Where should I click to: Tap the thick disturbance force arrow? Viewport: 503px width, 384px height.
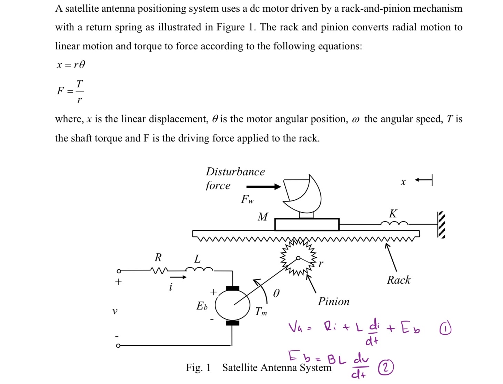click(264, 187)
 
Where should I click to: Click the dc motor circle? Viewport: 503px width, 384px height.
click(232, 305)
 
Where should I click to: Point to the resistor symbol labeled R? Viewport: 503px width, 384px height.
click(159, 270)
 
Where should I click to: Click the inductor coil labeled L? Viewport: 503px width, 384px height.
click(199, 269)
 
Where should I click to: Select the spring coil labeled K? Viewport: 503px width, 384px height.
click(394, 224)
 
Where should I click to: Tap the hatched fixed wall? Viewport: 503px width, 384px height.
click(441, 225)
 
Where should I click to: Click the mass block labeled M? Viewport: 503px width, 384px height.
click(307, 225)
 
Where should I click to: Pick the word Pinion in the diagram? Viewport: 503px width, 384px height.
click(333, 302)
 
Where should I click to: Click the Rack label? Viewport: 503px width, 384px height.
click(399, 280)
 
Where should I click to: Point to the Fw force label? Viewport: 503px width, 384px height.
click(247, 199)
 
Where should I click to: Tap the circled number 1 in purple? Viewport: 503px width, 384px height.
click(445, 328)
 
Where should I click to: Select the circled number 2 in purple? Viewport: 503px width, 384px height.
click(386, 367)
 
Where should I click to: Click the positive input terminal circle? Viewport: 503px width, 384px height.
click(119, 271)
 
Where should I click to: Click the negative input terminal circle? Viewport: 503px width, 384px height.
click(118, 345)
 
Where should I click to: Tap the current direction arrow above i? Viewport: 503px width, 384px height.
click(178, 277)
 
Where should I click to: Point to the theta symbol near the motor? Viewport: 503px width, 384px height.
click(276, 293)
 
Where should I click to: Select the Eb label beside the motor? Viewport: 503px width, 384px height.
click(202, 306)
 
